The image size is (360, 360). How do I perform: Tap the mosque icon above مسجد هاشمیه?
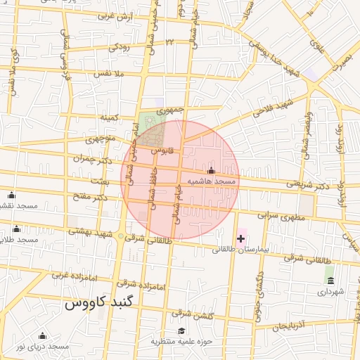pyautogui.click(x=211, y=171)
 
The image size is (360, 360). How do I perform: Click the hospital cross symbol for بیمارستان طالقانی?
pyautogui.click(x=241, y=239)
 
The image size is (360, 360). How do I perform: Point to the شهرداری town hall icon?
pyautogui.click(x=330, y=281)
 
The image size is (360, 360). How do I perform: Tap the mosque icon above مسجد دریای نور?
pyautogui.click(x=42, y=336)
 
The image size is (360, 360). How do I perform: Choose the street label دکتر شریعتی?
pyautogui.click(x=309, y=186)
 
